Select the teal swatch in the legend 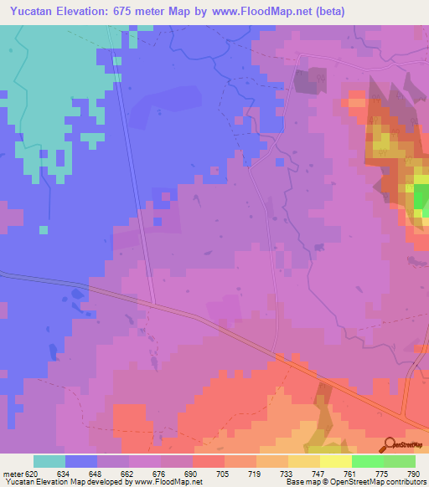[x=49, y=461]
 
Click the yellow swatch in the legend [x=303, y=461]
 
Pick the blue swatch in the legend [x=81, y=461]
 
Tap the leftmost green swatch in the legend [x=367, y=461]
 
